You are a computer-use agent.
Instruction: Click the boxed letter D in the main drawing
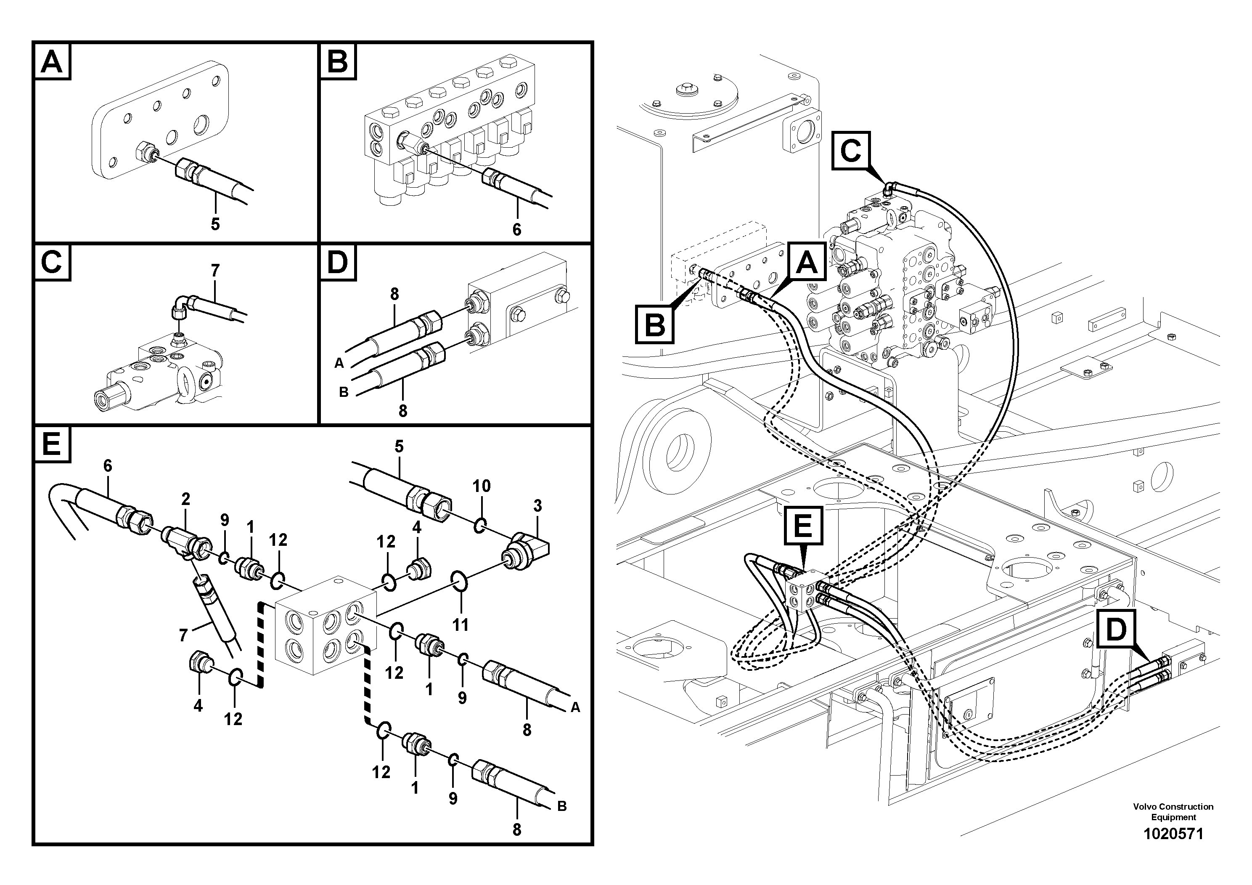click(1116, 630)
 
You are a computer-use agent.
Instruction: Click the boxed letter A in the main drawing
click(807, 263)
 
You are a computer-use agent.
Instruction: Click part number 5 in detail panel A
click(215, 224)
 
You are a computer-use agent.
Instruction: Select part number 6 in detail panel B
click(516, 229)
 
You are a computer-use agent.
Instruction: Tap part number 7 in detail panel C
click(215, 270)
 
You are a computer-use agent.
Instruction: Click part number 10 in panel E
click(482, 486)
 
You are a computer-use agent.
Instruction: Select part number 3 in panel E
click(537, 506)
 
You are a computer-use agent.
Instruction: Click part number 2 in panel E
click(186, 499)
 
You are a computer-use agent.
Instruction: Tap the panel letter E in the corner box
click(52, 444)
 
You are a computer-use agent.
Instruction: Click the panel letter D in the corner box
click(338, 263)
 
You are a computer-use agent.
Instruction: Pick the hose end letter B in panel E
click(562, 806)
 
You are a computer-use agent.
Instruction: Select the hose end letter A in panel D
click(339, 363)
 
